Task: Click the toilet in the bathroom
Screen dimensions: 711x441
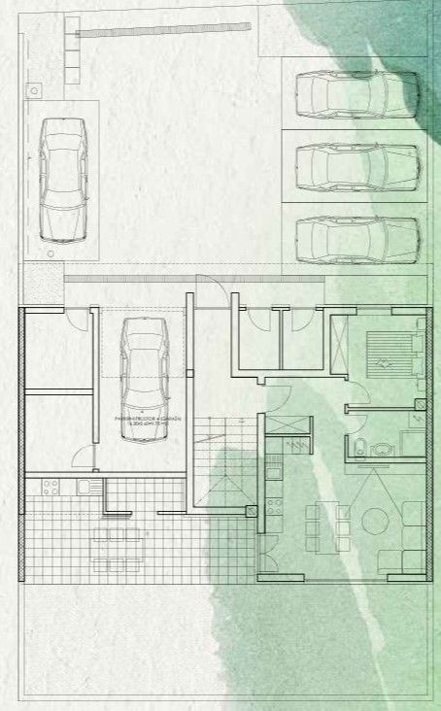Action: (359, 449)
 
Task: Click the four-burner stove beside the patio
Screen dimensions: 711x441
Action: (49, 487)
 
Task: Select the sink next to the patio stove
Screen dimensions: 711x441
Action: (86, 487)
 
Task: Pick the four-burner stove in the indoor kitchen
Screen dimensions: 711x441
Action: (274, 505)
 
